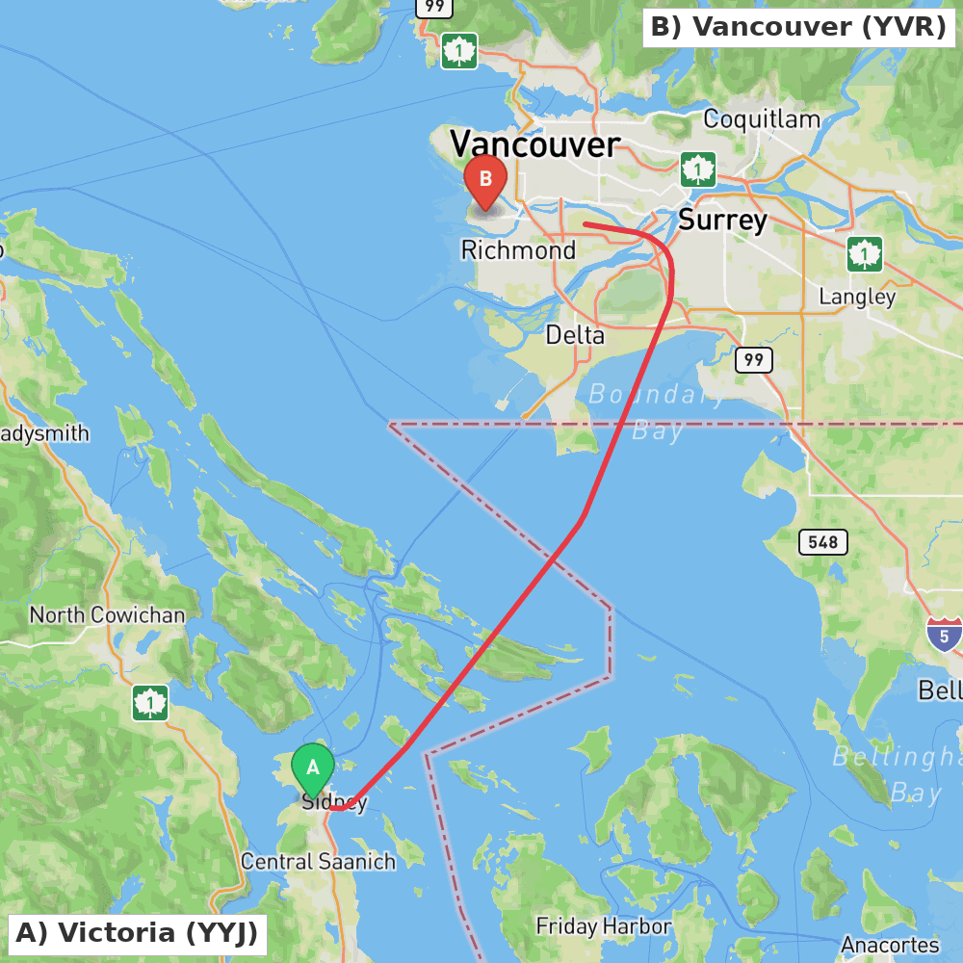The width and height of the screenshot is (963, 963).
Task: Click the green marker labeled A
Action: [312, 768]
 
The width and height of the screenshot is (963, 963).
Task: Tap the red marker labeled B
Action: [485, 180]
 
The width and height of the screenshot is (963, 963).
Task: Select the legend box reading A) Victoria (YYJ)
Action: [138, 933]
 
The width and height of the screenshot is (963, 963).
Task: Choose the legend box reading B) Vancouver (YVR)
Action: [798, 27]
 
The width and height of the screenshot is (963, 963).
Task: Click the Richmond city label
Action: [518, 250]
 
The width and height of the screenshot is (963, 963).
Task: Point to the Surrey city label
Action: [722, 220]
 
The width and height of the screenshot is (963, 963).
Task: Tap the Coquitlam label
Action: [762, 119]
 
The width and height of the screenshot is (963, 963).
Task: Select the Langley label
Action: [857, 297]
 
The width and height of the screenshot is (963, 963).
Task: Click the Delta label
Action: [575, 335]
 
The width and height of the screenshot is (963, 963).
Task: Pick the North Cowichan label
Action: [107, 614]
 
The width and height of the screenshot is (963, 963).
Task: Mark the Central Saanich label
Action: [318, 861]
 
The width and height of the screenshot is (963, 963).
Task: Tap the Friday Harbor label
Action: [604, 926]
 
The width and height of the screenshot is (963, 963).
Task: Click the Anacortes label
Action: [890, 945]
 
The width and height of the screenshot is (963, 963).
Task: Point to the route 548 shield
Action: [823, 542]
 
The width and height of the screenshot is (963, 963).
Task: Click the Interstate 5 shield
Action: [945, 635]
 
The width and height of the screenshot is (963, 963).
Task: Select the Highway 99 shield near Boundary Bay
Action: [753, 360]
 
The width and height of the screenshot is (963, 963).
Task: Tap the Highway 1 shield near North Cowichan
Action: [150, 703]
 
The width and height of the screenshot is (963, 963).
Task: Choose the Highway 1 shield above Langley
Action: [865, 254]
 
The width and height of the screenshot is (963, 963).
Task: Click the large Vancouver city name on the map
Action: [534, 144]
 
